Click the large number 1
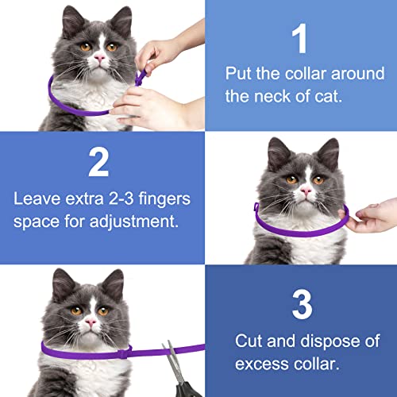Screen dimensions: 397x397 click(x=299, y=39)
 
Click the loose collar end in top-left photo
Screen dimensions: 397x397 click(x=143, y=78)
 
